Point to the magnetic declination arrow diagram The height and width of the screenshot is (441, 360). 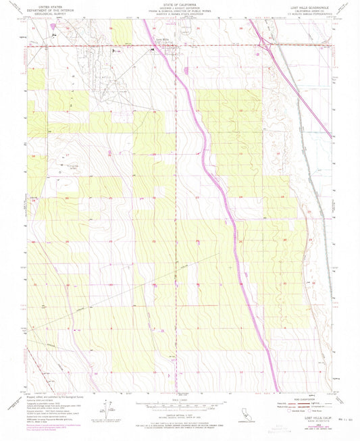point(108,407)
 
